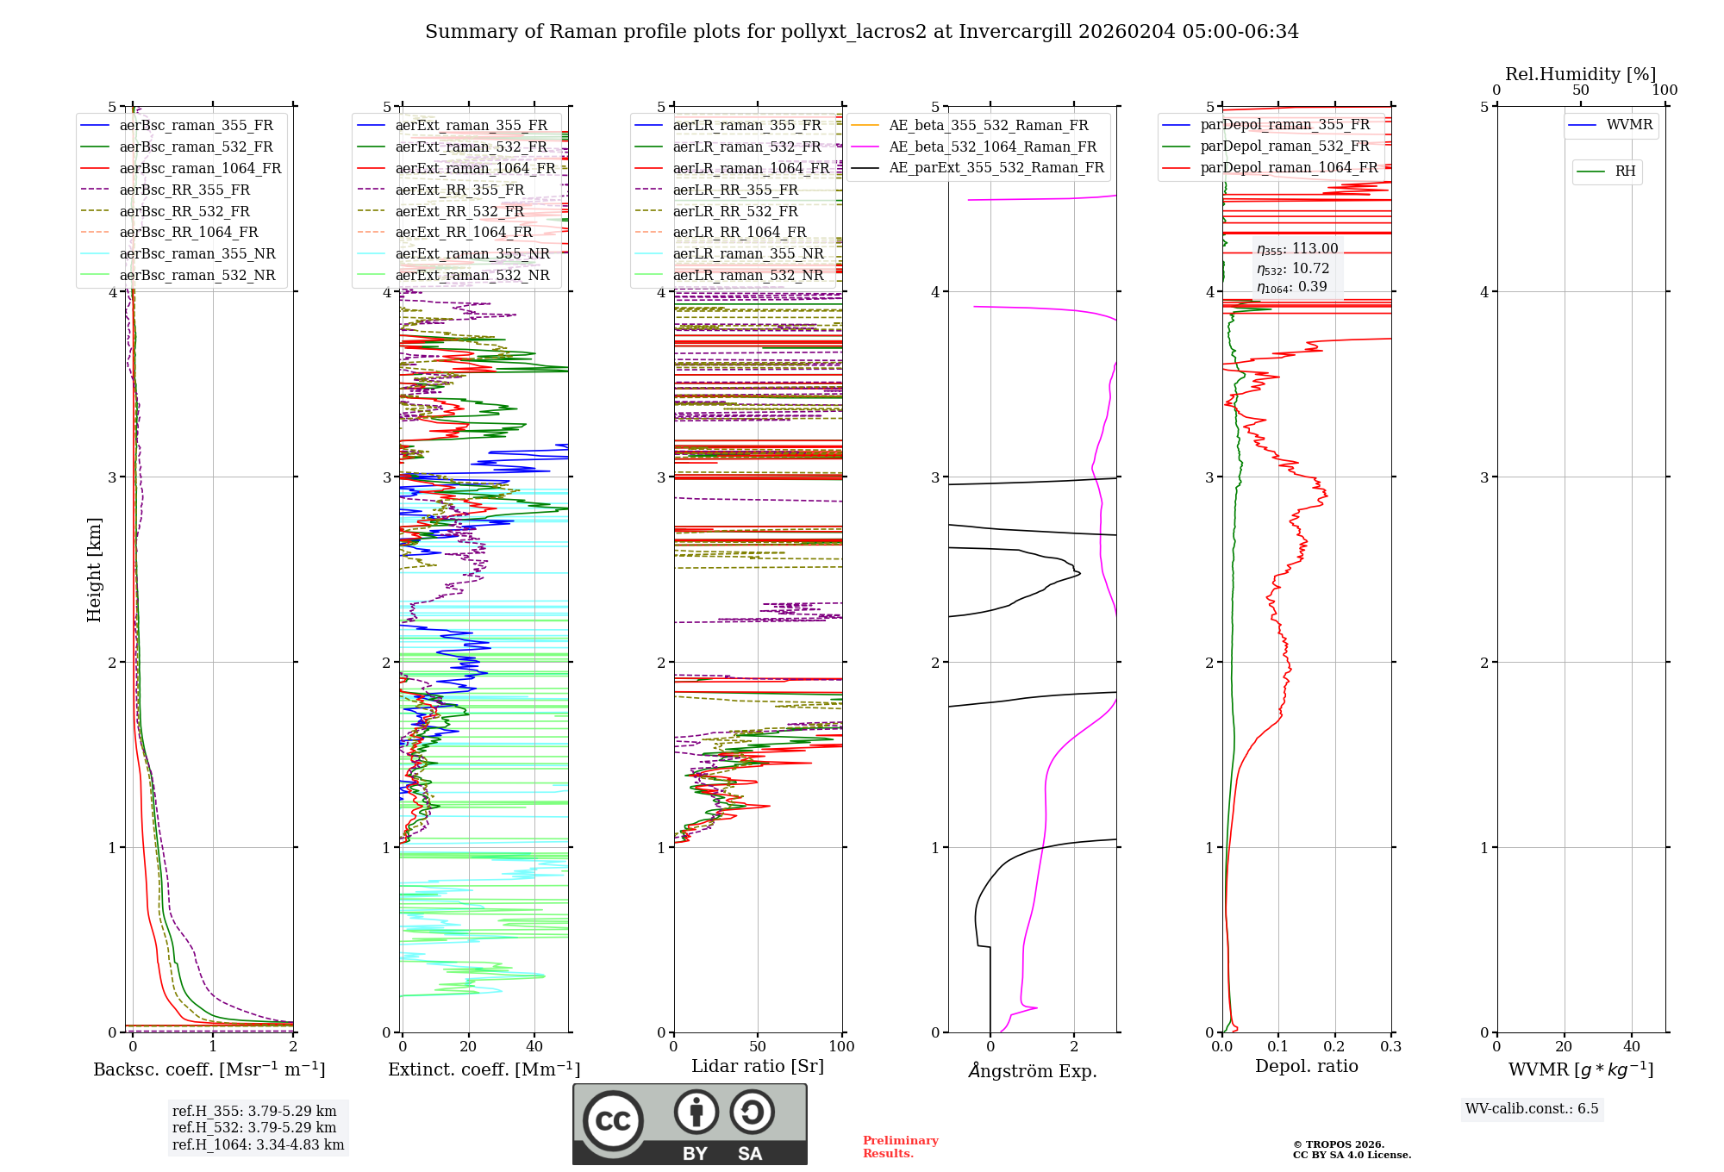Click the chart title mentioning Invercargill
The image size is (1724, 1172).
[x=861, y=32]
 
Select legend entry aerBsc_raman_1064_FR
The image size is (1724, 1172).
[x=200, y=168]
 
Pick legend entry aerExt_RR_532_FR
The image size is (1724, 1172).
[x=459, y=211]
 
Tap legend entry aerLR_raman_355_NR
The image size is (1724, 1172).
[x=747, y=253]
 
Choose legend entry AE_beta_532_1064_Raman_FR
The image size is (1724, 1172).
[x=992, y=146]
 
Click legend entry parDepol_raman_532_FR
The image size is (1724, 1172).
[x=1284, y=146]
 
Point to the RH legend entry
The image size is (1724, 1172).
[x=1625, y=171]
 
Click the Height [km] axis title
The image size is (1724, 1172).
[x=94, y=570]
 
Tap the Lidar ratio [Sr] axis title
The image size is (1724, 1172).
[x=757, y=1066]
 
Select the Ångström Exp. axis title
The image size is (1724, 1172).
[x=1032, y=1070]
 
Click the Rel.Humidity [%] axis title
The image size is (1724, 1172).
[x=1580, y=74]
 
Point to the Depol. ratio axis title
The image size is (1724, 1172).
[x=1306, y=1066]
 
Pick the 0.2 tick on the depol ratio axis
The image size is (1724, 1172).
[x=1334, y=1046]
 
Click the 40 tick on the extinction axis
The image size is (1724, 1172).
[x=534, y=1046]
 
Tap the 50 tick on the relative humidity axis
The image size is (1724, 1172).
[x=1580, y=90]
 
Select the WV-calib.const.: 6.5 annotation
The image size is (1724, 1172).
[x=1532, y=1108]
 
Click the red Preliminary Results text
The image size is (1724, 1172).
[x=900, y=1146]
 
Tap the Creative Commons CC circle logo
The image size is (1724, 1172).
[x=613, y=1120]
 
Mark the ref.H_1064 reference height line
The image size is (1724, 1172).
[x=258, y=1144]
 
